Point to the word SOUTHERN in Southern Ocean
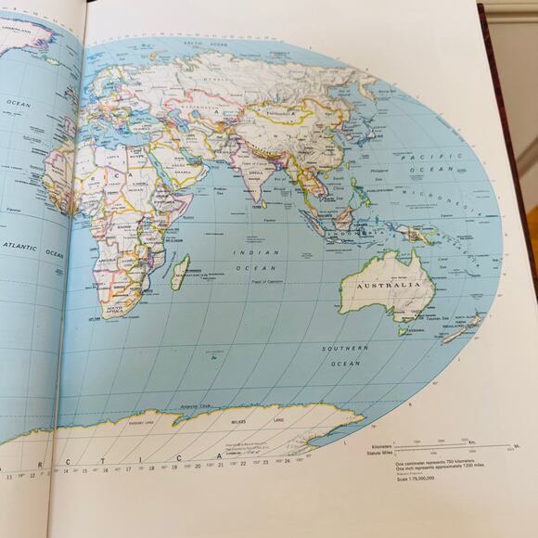tap(344, 349)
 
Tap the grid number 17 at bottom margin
tap(128, 469)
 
